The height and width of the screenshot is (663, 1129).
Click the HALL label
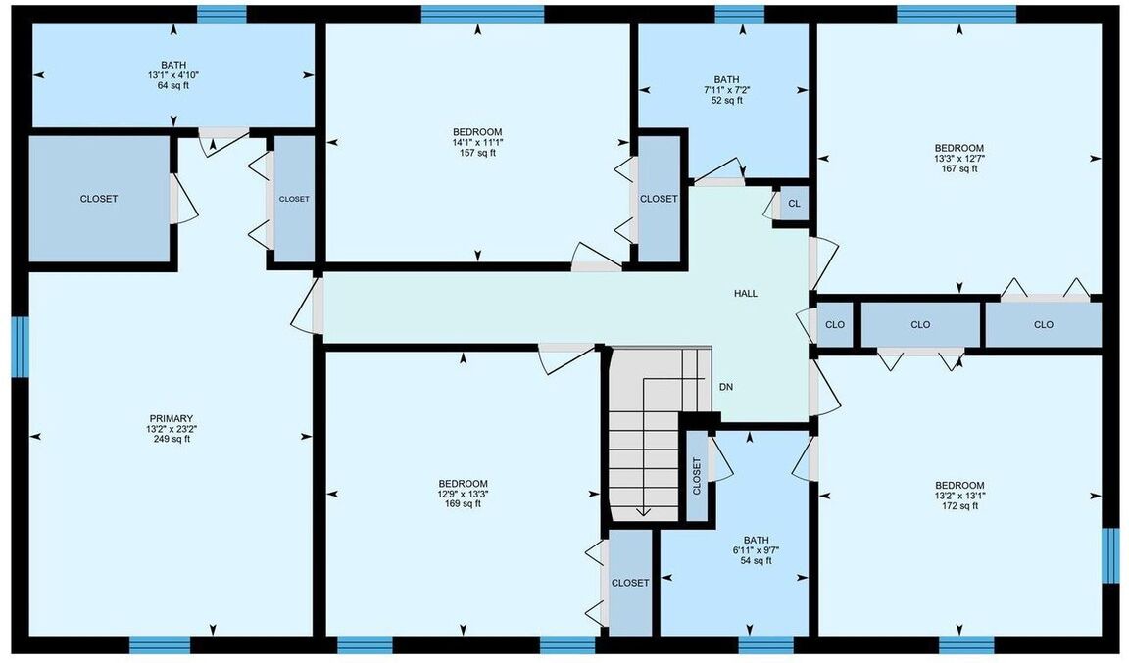[745, 294]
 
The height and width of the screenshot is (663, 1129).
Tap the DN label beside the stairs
[726, 387]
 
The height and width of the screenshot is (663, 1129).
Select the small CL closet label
[794, 204]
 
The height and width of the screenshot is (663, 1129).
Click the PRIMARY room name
[172, 419]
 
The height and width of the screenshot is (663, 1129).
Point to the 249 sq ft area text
[172, 439]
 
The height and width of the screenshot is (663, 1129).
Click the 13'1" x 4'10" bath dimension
[173, 75]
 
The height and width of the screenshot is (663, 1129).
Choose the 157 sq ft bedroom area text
[477, 153]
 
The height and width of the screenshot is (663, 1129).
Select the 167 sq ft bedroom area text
[959, 169]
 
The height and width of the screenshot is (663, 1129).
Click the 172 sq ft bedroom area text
[959, 506]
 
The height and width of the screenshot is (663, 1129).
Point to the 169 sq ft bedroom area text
[463, 504]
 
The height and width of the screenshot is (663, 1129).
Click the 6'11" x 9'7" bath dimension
[756, 550]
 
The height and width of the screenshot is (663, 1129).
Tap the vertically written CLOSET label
[697, 477]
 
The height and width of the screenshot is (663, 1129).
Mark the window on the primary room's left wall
[21, 347]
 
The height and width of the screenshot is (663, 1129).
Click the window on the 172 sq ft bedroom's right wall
[1111, 555]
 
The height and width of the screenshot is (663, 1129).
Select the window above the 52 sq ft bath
[740, 15]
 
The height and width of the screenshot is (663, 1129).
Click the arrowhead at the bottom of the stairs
[643, 512]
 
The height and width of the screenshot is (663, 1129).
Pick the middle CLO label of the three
[920, 325]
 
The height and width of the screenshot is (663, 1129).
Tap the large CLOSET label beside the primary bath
[99, 199]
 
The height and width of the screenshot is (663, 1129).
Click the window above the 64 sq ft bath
[221, 15]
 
